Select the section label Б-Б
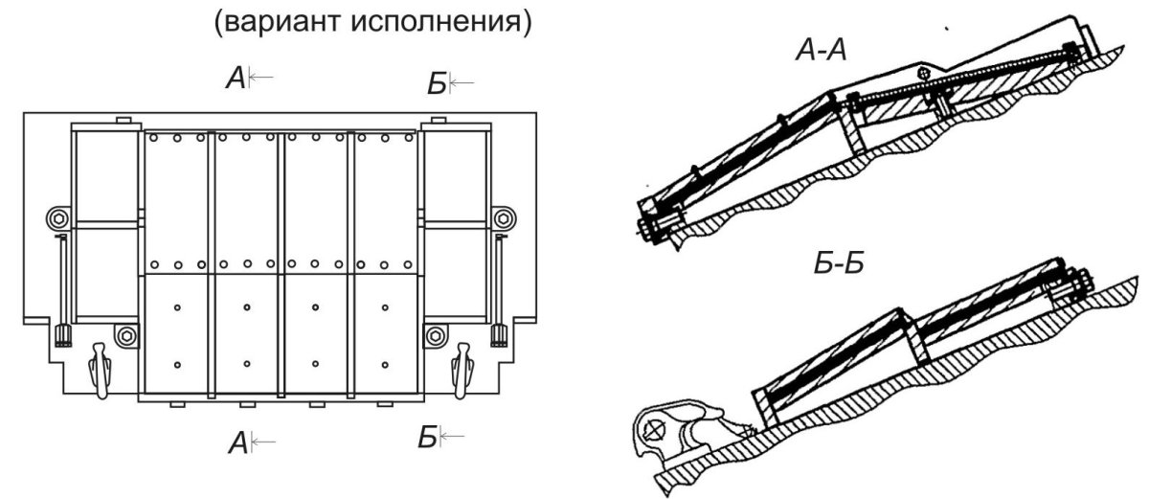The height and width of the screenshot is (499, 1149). click(x=839, y=264)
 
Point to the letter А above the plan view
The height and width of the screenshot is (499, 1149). click(x=236, y=79)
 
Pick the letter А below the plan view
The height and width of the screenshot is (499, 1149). click(x=238, y=443)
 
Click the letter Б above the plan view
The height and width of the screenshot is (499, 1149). click(x=437, y=84)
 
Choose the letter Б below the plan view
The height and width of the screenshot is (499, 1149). click(x=427, y=438)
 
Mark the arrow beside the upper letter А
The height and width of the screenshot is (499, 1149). click(x=261, y=78)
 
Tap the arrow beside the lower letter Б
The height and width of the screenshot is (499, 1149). click(x=452, y=437)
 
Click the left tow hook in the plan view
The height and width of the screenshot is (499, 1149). click(x=100, y=371)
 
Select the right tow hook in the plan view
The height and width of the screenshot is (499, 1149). click(x=462, y=371)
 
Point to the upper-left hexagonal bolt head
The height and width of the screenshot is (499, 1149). click(x=57, y=219)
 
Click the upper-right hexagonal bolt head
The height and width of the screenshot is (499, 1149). click(x=504, y=219)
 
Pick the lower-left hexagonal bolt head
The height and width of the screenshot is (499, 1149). click(x=126, y=337)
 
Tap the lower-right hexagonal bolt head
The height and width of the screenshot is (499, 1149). click(x=436, y=337)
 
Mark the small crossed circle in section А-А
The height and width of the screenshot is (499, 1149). click(x=923, y=74)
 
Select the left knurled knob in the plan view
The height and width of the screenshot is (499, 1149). click(x=63, y=335)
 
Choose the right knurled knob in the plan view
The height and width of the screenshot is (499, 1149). click(x=499, y=335)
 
